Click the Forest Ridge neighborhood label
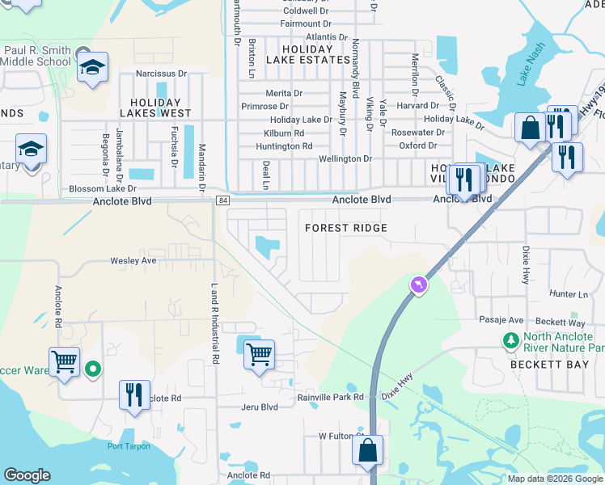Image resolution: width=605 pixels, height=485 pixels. coord(345,229)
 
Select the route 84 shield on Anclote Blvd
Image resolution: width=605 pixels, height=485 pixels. coord(222,200)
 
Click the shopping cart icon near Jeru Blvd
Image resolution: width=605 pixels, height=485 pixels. coord(259,353)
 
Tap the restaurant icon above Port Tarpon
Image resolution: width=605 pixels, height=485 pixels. coord(134,394)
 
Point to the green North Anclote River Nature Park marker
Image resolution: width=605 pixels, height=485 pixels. coord(510,341)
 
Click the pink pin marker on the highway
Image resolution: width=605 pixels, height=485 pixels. coord(418,285)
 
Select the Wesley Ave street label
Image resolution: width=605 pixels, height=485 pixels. coord(133,261)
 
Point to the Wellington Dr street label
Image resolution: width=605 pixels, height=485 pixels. coord(345,159)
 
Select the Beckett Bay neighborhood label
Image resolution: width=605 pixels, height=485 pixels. coord(542,365)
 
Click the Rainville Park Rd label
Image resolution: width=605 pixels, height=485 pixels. coord(331,397)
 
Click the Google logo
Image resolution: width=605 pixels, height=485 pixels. coord(27,475)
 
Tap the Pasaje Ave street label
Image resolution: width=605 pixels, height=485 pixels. coord(501,320)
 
